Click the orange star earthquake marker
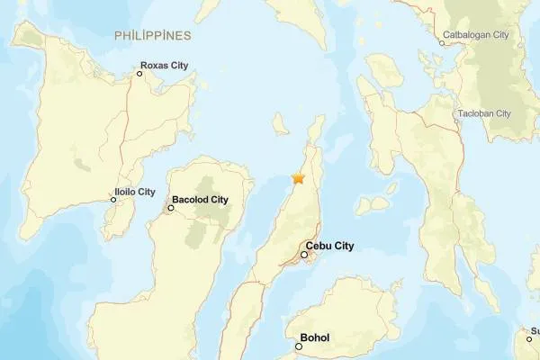[298, 178]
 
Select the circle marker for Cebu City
[304, 255]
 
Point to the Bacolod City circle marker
[170, 208]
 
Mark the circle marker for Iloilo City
[113, 200]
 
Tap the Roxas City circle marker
[139, 73]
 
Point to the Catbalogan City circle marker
[442, 42]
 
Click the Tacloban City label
[484, 113]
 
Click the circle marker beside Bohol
[299, 346]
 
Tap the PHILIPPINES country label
[153, 35]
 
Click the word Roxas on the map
[155, 66]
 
